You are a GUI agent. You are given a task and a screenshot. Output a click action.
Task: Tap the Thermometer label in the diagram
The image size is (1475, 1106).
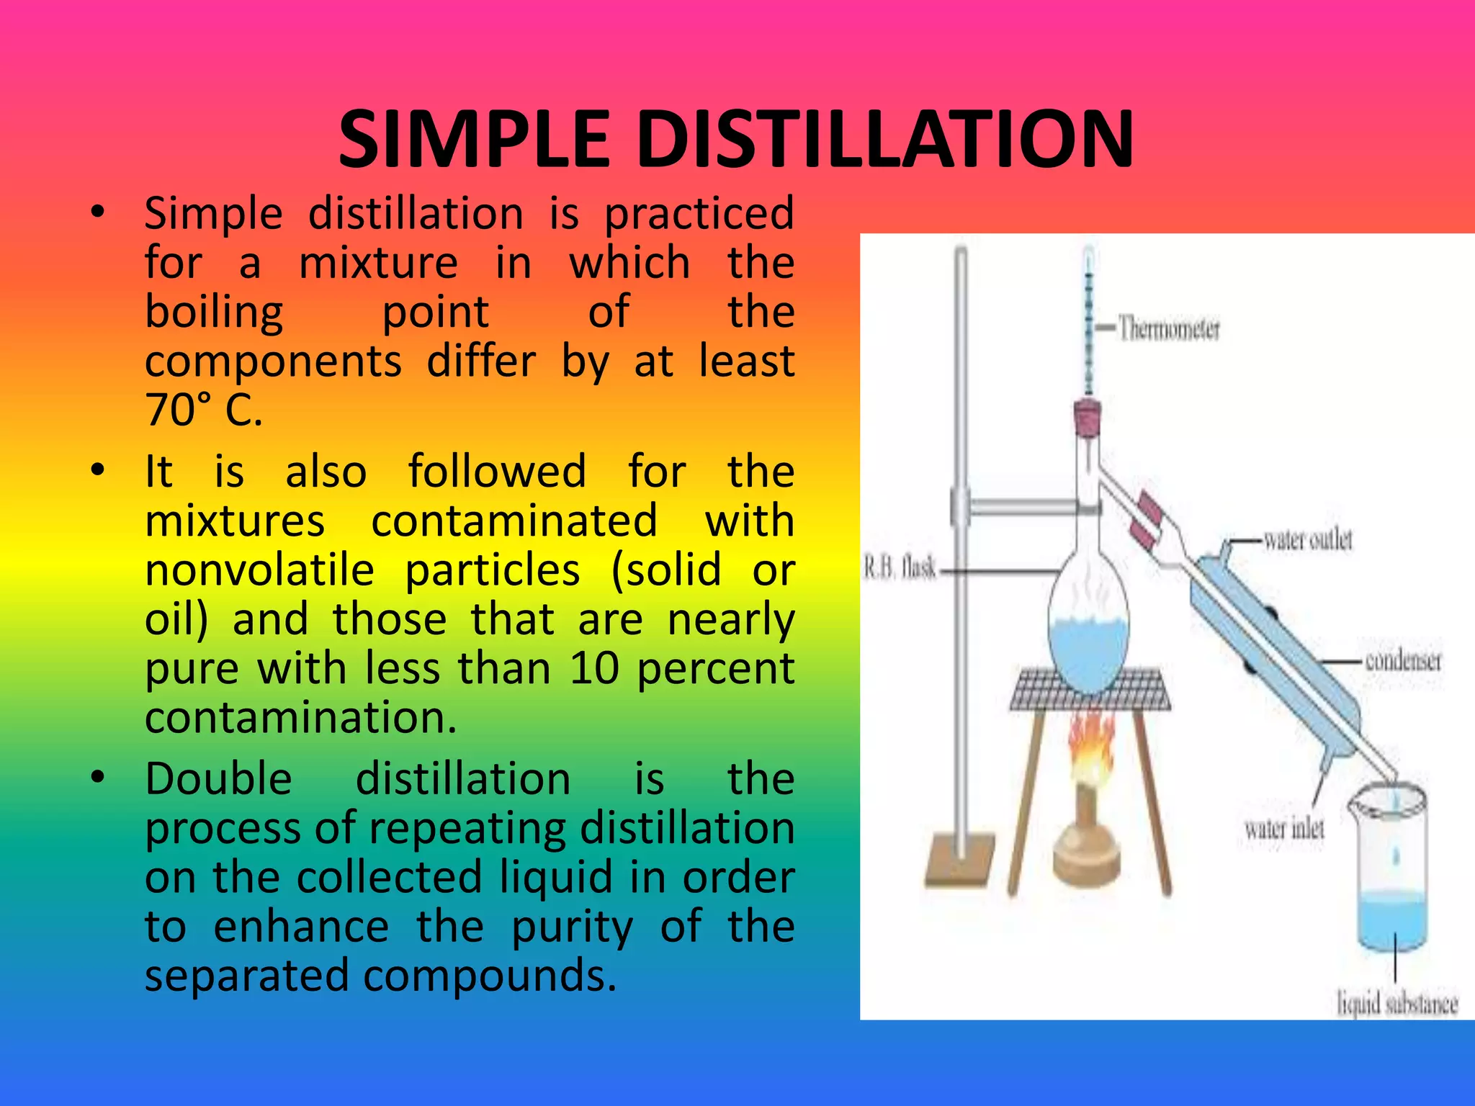tap(1168, 329)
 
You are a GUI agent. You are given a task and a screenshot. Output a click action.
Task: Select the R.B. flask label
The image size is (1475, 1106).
tap(900, 569)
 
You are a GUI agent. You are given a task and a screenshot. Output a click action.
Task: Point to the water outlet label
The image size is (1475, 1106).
tap(1308, 539)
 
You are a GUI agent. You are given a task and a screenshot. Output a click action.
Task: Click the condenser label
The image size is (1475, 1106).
tap(1403, 660)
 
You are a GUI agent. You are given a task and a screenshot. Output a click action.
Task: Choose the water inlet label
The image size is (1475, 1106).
tap(1284, 829)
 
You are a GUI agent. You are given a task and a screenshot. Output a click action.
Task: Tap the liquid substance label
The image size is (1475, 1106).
tap(1396, 1003)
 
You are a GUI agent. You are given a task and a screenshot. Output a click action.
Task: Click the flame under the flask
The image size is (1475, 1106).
tap(1090, 752)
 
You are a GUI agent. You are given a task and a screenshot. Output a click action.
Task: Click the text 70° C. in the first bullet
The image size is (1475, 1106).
tap(204, 410)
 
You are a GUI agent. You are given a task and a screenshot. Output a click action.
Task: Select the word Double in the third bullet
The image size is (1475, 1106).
tap(218, 779)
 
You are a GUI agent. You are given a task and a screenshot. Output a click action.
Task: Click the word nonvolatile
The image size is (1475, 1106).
tap(259, 570)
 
